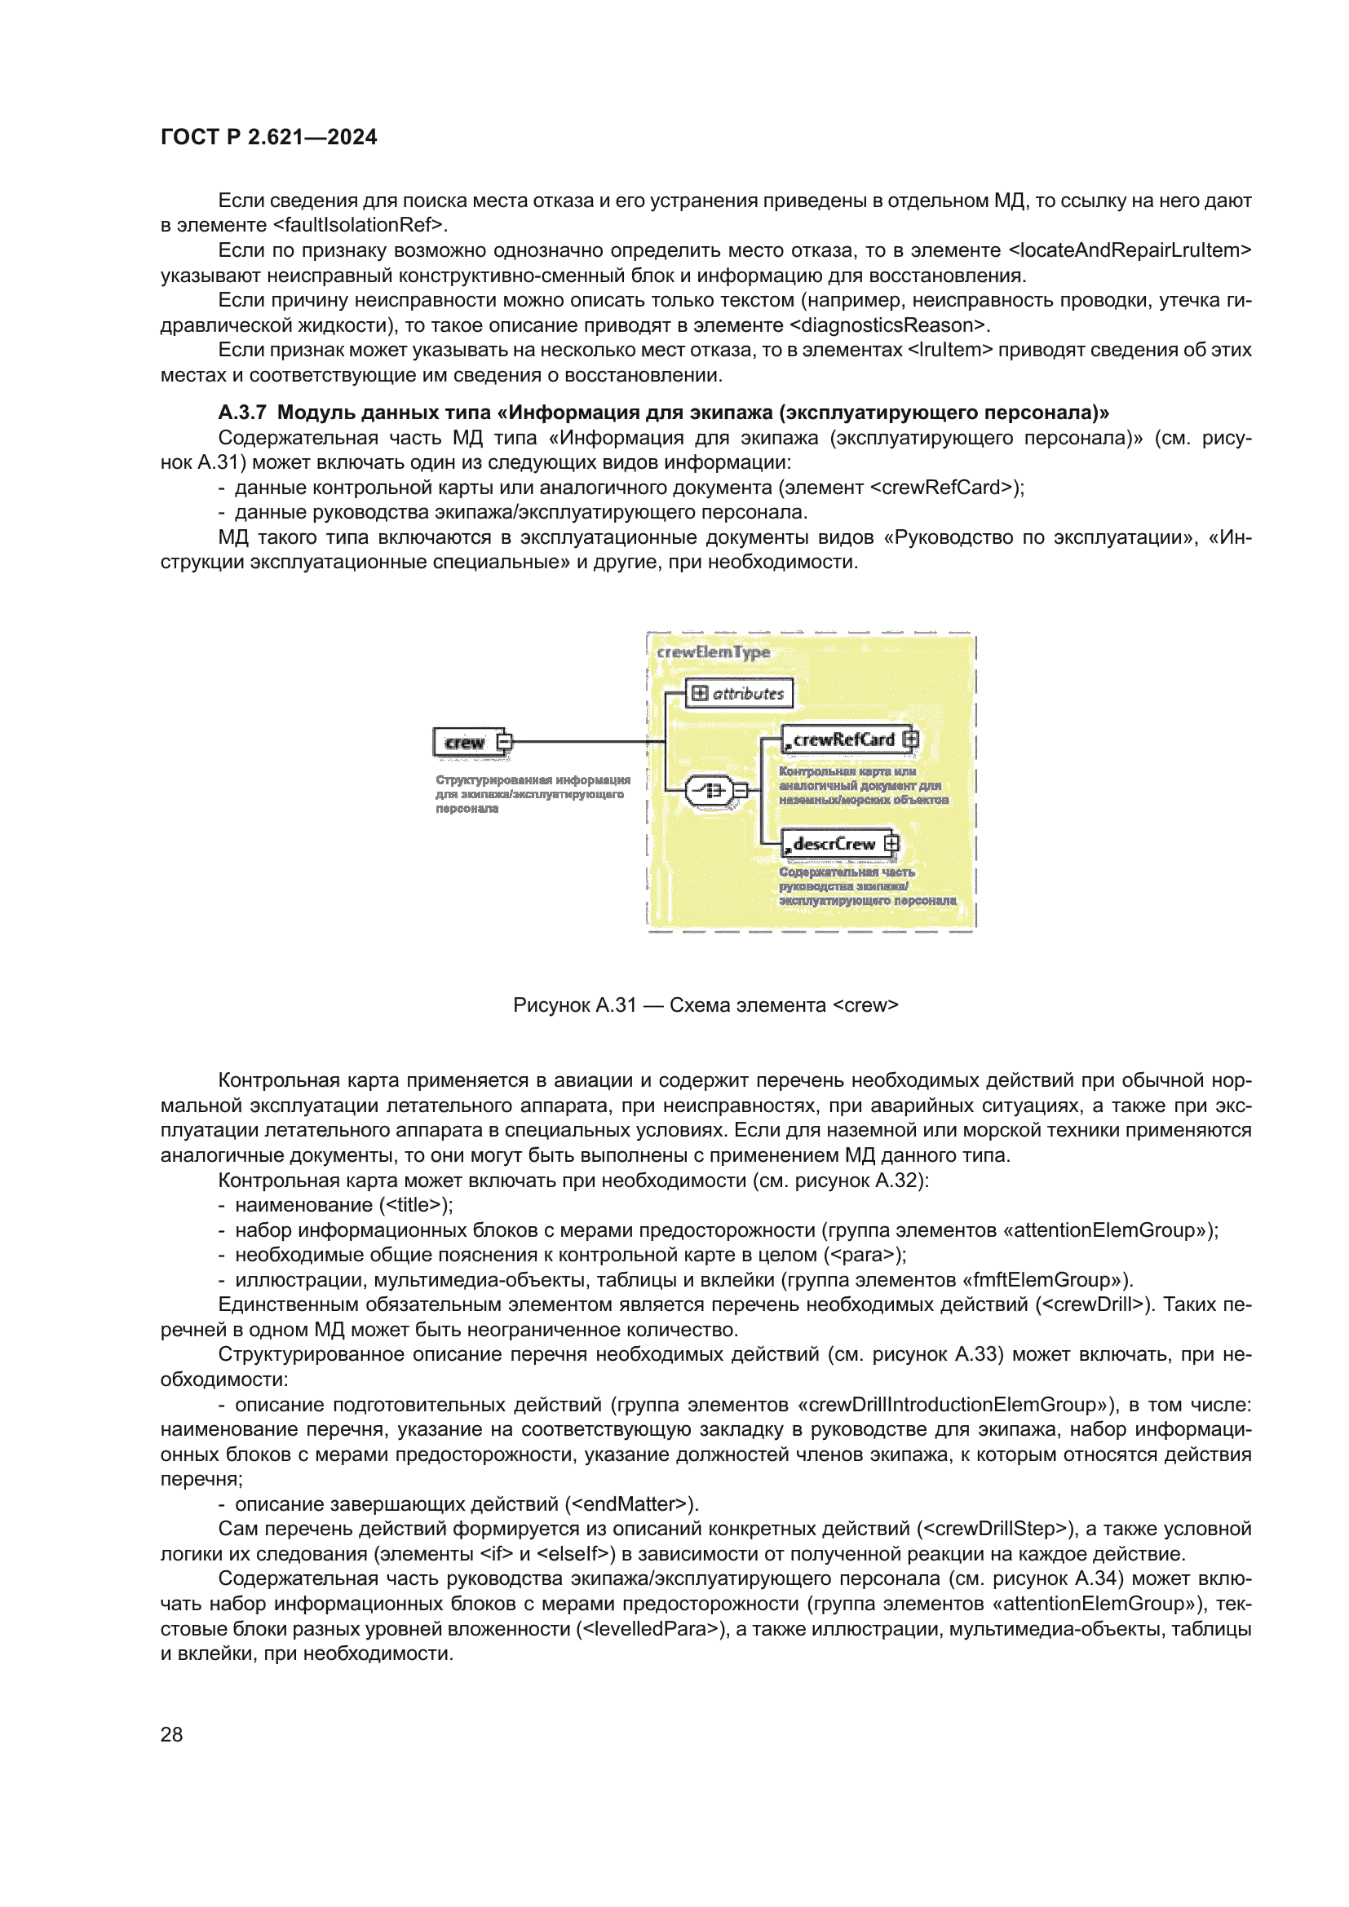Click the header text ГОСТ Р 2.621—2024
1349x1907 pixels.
(268, 137)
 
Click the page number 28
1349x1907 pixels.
(171, 1734)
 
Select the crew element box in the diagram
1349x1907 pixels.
(465, 742)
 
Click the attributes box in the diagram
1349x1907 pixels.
(738, 693)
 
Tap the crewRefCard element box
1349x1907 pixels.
(843, 739)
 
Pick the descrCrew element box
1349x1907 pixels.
(834, 844)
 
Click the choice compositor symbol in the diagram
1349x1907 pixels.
(709, 790)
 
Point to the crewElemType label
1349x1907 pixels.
(713, 652)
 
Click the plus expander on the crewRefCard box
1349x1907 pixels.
(910, 739)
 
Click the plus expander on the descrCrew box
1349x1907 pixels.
(891, 844)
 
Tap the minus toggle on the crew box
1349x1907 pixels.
(504, 742)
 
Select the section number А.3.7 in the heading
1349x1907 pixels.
(241, 413)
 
